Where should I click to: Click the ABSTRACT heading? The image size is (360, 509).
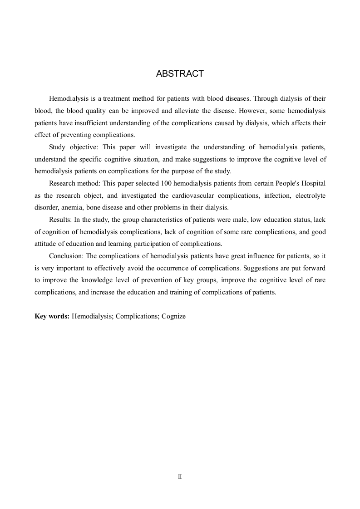180,73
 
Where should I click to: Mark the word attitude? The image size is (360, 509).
46,244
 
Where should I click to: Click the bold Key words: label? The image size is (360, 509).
52,317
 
